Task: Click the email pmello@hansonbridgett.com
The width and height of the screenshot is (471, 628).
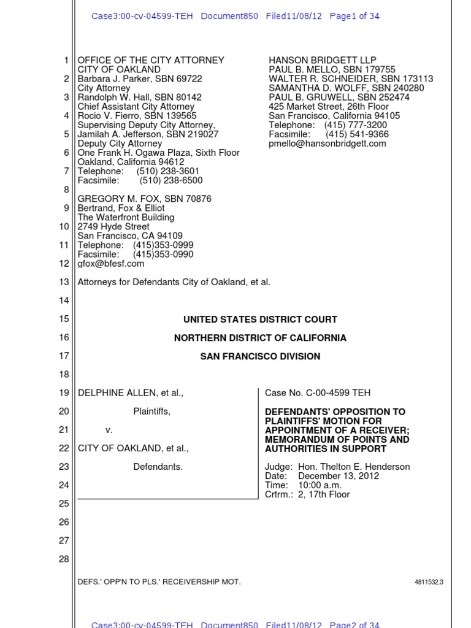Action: [327, 144]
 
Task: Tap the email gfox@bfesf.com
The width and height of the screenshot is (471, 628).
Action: [111, 264]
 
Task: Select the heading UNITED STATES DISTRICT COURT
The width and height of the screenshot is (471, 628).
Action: [260, 320]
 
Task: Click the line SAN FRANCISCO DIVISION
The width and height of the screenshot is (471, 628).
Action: [260, 356]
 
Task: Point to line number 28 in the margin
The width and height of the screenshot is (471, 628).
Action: [64, 559]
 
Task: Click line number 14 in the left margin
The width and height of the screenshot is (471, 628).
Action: [64, 301]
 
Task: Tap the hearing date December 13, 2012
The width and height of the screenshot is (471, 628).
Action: [339, 476]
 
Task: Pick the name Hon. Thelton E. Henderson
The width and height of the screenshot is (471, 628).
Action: [354, 467]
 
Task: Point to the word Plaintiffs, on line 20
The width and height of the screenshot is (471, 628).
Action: [152, 412]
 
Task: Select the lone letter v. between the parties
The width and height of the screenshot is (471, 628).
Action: [109, 430]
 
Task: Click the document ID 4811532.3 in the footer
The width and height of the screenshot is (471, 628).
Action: [429, 582]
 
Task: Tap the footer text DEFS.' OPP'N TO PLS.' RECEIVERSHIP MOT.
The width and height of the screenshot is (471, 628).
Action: [159, 582]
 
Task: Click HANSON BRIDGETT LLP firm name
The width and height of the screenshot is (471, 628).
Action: [322, 61]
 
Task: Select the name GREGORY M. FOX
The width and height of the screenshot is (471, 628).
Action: [113, 199]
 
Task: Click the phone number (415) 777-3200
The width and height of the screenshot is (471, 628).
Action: [356, 125]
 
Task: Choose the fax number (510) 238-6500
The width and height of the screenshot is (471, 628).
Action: [171, 180]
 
